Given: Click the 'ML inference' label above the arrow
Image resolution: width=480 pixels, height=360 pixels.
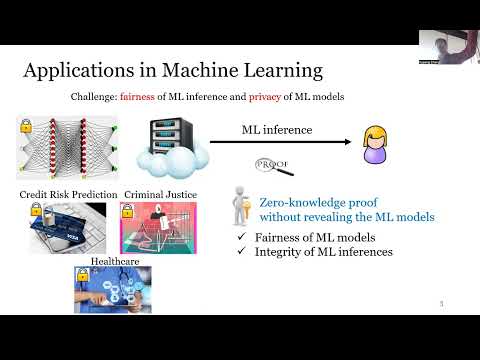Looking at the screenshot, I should click(x=277, y=129).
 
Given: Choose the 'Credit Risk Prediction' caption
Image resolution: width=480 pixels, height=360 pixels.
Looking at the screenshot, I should click(x=67, y=194).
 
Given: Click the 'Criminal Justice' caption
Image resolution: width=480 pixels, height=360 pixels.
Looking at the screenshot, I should click(x=158, y=194).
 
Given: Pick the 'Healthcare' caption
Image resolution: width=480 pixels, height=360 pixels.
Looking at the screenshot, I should click(x=112, y=260).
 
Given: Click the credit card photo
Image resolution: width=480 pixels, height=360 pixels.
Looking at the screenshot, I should click(x=67, y=227).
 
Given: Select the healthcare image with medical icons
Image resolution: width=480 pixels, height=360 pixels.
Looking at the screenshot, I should click(x=112, y=289).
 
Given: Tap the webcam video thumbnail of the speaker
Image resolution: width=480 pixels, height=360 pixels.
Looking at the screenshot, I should click(x=448, y=47).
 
